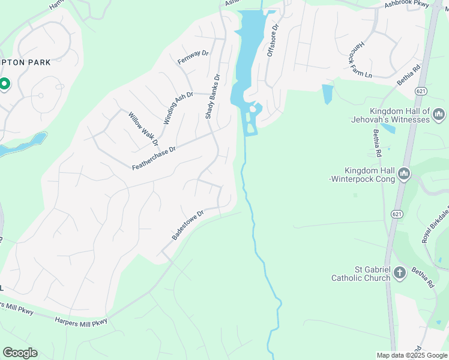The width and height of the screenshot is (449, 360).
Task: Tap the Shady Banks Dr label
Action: pyautogui.click(x=213, y=96)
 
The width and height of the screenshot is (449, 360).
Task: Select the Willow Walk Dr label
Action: pyautogui.click(x=142, y=128)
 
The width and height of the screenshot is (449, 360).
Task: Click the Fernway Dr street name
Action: pyautogui.click(x=193, y=58)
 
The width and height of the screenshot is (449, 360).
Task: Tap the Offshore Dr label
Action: pyautogui.click(x=271, y=41)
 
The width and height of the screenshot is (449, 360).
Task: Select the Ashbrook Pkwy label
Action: pyautogui.click(x=408, y=5)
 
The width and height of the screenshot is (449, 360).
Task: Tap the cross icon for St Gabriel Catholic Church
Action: pyautogui.click(x=400, y=274)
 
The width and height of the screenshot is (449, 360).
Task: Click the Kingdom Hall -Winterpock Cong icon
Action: pyautogui.click(x=403, y=174)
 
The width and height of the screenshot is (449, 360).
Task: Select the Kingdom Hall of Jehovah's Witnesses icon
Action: pyautogui.click(x=439, y=113)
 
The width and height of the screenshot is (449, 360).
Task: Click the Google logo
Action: pyautogui.click(x=20, y=352)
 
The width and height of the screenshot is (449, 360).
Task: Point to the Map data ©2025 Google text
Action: pyautogui.click(x=412, y=355)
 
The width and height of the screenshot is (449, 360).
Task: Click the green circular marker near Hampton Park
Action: pyautogui.click(x=4, y=84)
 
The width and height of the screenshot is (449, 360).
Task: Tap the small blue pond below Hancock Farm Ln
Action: pyautogui.click(x=327, y=94)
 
